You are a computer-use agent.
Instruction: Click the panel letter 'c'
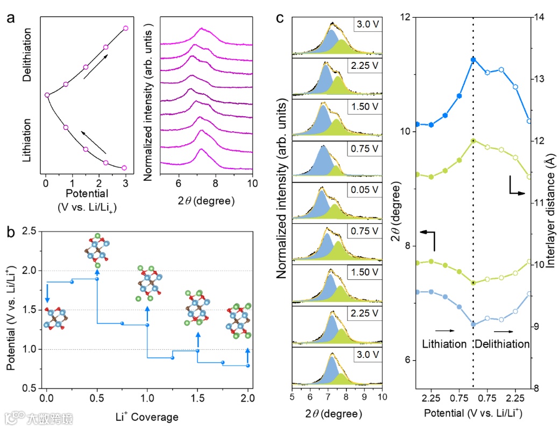280,19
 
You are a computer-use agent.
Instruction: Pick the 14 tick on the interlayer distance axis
539,17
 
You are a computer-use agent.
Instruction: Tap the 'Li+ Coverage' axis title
146,417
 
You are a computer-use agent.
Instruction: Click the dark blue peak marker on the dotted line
473,59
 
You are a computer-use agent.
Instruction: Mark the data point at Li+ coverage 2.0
248,365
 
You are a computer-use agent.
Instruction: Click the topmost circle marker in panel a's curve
125,28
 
